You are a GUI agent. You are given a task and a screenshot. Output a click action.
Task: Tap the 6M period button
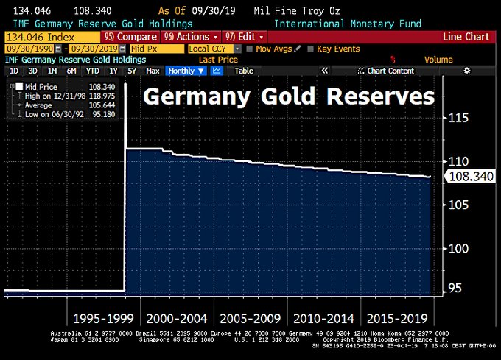point(71,71)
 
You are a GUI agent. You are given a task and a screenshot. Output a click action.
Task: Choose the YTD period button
point(92,71)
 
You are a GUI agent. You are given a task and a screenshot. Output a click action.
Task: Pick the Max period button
point(153,71)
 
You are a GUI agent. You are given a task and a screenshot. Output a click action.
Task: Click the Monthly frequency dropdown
point(185,71)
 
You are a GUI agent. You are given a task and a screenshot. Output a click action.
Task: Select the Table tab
point(243,71)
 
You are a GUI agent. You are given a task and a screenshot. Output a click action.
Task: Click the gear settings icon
point(466,71)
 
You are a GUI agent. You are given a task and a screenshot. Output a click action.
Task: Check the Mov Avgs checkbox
point(251,49)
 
